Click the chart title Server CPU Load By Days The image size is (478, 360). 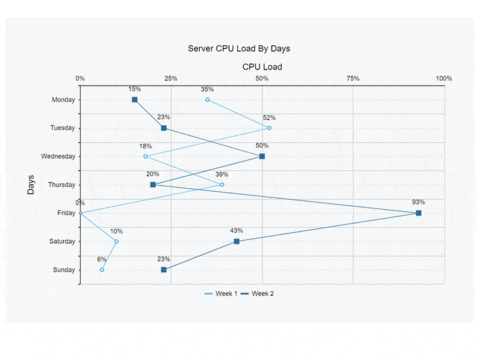tap(239, 48)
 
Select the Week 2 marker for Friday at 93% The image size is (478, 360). tap(418, 213)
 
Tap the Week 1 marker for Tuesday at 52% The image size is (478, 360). tap(269, 128)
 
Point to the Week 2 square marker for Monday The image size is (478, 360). tap(135, 100)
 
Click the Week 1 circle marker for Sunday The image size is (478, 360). tap(102, 269)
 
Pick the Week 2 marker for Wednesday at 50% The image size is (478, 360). tap(262, 156)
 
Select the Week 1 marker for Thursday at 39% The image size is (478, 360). tap(222, 185)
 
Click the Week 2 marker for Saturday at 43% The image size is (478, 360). tap(237, 241)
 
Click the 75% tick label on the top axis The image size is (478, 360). tap(353, 79)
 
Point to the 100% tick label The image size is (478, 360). tap(444, 79)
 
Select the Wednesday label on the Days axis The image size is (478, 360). tap(58, 156)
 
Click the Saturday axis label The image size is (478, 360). tap(62, 241)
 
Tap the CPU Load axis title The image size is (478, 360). tap(262, 67)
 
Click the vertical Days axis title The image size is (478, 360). tap(31, 184)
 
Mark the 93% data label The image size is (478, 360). tap(418, 202)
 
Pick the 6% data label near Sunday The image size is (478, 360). tap(102, 259)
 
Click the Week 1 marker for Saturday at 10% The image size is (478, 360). tap(116, 241)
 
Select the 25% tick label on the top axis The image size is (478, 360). tap(171, 79)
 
